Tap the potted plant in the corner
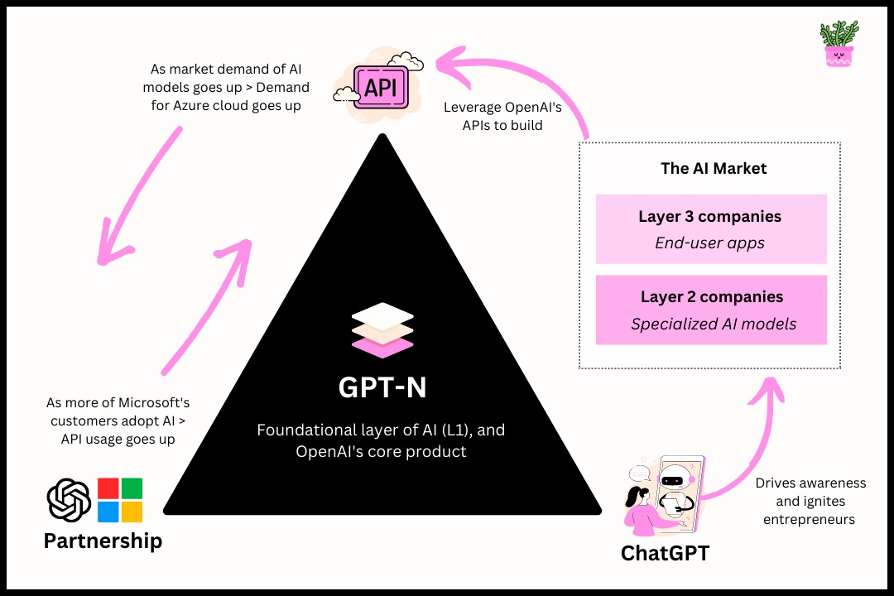click(x=839, y=44)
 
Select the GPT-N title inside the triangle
click(x=382, y=387)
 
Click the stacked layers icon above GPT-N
click(x=382, y=329)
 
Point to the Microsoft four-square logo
click(x=120, y=500)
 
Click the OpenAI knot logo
click(x=69, y=500)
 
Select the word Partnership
click(x=103, y=541)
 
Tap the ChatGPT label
click(x=665, y=553)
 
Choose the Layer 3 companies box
click(x=711, y=229)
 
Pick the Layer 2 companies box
click(x=711, y=310)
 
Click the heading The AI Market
click(x=713, y=168)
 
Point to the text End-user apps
click(x=709, y=243)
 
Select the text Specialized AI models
click(x=713, y=324)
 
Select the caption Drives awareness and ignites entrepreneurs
click(x=810, y=501)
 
